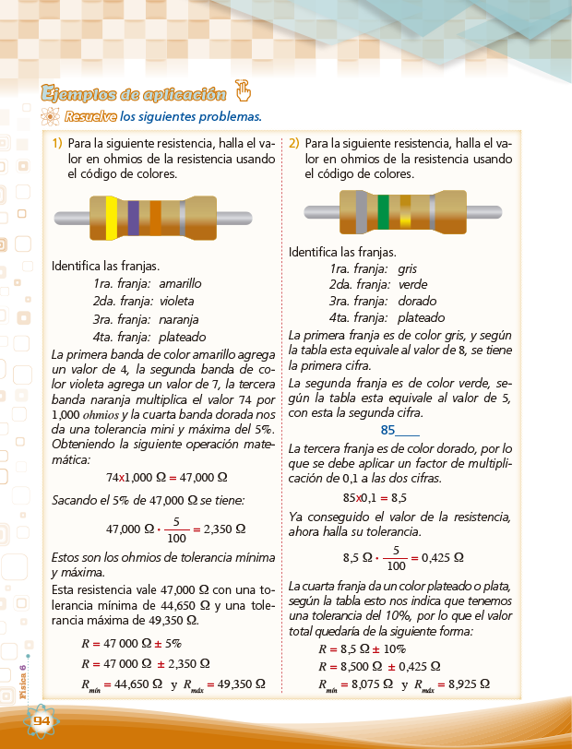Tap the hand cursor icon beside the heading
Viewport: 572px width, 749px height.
[244, 90]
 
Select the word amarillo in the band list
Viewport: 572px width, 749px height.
[180, 284]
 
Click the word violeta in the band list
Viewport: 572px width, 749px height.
[177, 302]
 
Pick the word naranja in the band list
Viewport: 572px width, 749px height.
[179, 319]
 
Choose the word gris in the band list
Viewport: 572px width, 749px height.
[407, 269]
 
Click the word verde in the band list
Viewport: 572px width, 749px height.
[412, 285]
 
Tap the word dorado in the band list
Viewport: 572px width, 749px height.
[416, 302]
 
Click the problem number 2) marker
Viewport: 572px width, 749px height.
[293, 144]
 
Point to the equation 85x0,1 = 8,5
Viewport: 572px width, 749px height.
[375, 495]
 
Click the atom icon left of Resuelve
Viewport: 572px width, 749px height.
[51, 117]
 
